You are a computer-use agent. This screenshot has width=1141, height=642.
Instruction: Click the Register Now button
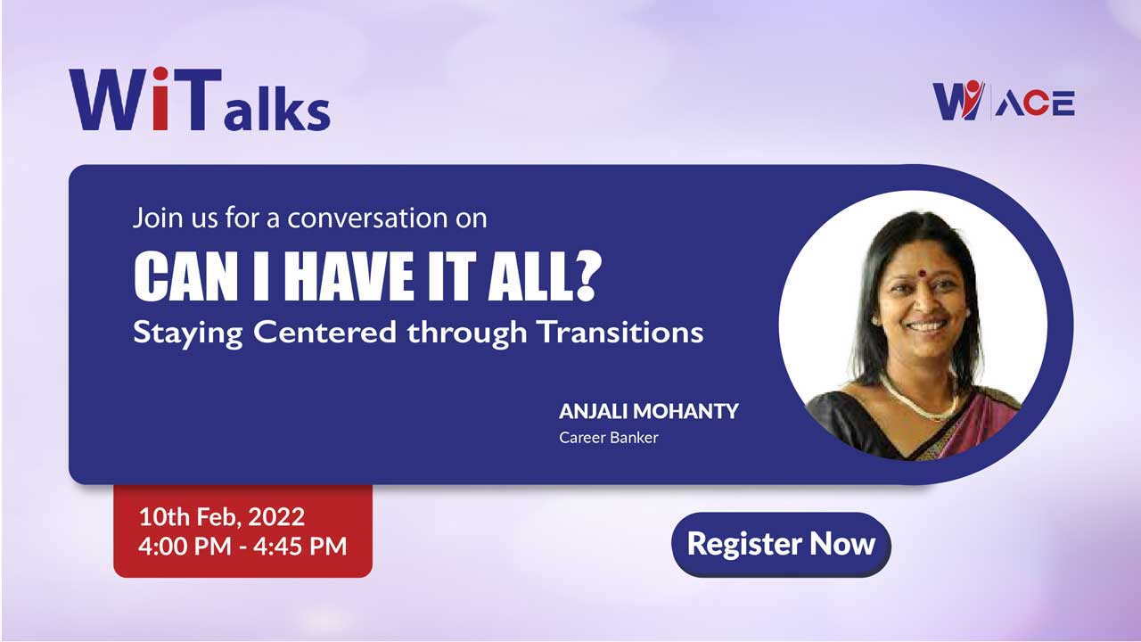coord(781,544)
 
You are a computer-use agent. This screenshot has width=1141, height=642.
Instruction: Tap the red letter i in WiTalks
coord(160,98)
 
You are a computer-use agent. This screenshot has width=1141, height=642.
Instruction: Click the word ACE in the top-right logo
coord(1035,103)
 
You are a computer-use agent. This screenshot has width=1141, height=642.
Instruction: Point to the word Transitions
coord(621,332)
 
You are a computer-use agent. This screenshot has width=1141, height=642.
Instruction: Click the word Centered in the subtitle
coord(325,332)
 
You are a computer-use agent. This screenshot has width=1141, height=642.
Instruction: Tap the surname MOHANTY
coord(685,411)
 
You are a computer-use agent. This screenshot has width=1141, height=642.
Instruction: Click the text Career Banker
coord(609,437)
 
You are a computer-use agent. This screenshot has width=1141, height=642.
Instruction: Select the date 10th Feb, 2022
coord(222,516)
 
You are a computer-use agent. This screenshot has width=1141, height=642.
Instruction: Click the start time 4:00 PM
coord(185,546)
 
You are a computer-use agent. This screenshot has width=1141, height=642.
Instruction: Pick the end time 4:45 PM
coord(300,546)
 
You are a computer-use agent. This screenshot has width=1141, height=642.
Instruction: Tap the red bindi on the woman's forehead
coord(922,273)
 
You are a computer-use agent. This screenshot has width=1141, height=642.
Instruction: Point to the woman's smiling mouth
coord(927,325)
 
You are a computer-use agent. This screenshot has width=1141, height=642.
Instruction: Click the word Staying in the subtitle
coord(187,333)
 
